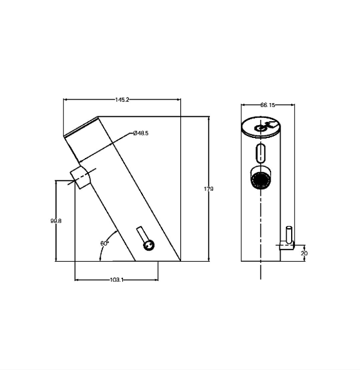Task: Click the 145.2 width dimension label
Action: (x=122, y=100)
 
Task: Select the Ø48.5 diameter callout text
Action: (x=141, y=133)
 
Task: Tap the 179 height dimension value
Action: (x=209, y=189)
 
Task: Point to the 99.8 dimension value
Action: (x=56, y=221)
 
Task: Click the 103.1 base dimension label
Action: (x=117, y=280)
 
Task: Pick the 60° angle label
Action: (x=104, y=243)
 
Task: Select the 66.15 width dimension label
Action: (x=268, y=105)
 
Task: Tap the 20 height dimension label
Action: (x=305, y=253)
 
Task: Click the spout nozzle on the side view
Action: (x=80, y=177)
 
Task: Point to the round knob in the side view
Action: (x=149, y=246)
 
